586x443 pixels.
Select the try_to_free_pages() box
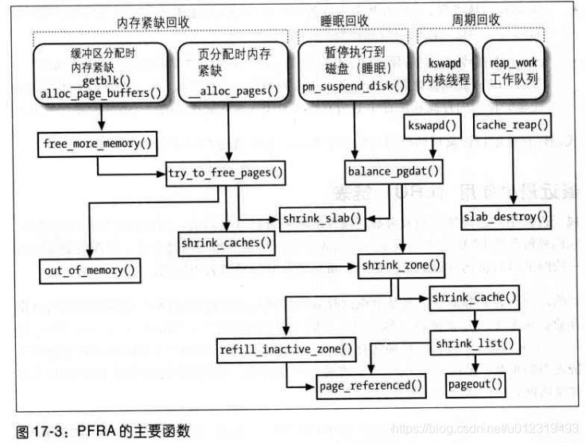[x=227, y=172]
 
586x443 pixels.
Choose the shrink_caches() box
[x=227, y=242]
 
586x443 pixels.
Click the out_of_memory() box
[x=90, y=269]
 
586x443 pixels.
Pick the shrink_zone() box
[x=399, y=264]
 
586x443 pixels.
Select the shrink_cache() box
[x=474, y=299]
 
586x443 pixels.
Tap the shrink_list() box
[x=475, y=344]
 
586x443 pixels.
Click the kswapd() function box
[x=433, y=126]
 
